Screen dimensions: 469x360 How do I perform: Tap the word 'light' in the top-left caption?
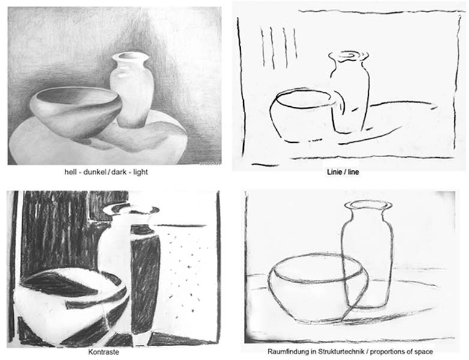pyautogui.click(x=141, y=172)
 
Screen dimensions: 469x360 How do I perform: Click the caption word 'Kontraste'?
pyautogui.click(x=103, y=352)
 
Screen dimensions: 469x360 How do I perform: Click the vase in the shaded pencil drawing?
pyautogui.click(x=132, y=90)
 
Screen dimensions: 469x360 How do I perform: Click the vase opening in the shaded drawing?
pyautogui.click(x=130, y=57)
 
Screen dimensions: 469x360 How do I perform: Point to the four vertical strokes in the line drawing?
pyautogui.click(x=279, y=47)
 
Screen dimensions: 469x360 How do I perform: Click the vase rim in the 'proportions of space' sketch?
pyautogui.click(x=368, y=205)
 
